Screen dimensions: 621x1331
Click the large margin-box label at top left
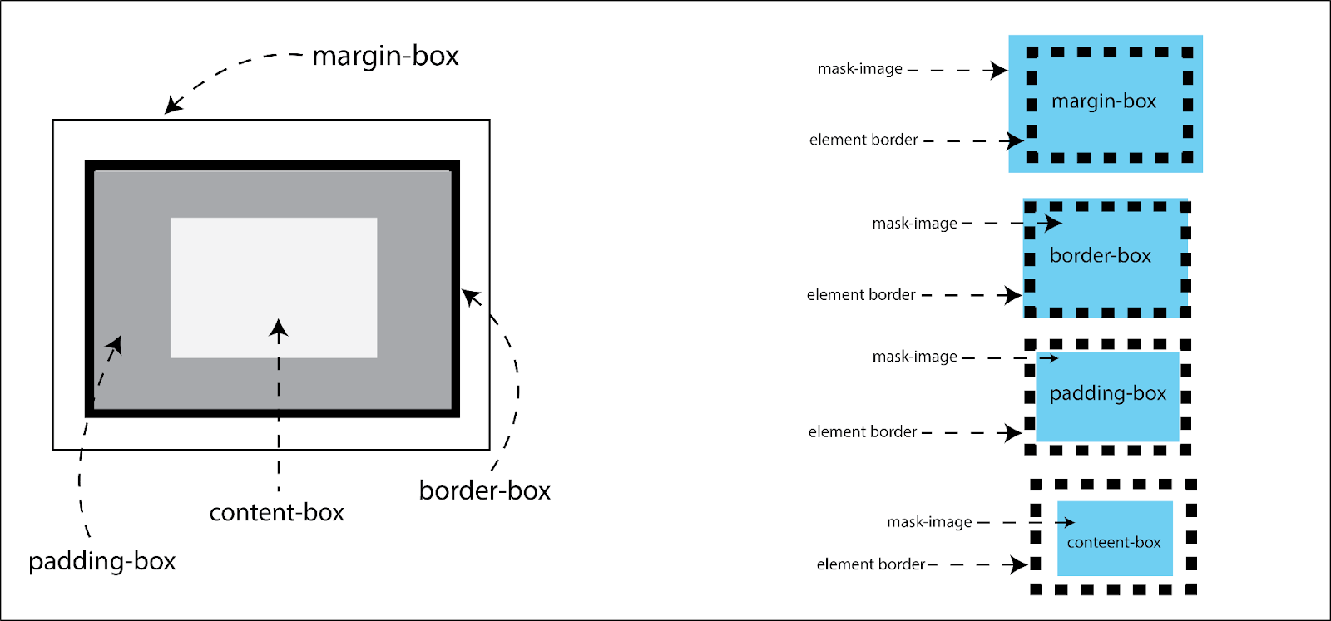click(385, 56)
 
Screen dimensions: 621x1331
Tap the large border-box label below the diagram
click(484, 490)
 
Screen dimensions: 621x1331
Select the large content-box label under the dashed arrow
click(276, 512)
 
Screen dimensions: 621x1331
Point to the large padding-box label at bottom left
click(102, 561)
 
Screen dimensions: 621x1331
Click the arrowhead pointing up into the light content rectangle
click(279, 328)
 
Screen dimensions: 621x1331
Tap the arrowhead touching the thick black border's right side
click(471, 296)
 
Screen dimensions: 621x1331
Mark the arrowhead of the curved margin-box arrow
click(172, 105)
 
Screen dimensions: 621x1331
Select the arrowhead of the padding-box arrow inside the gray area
click(115, 344)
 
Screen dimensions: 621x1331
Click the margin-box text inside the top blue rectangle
click(1104, 101)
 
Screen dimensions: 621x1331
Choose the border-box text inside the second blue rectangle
click(1100, 255)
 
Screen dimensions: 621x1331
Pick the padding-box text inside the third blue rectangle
click(1108, 393)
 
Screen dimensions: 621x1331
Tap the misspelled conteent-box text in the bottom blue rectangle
click(1114, 542)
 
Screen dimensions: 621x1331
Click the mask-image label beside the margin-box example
click(859, 69)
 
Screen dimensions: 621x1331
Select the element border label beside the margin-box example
click(863, 140)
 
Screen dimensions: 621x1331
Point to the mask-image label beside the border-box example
click(914, 224)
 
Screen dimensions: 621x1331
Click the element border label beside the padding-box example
click(863, 431)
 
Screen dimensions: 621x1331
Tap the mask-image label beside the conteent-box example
click(929, 522)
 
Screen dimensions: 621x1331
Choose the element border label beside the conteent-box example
click(871, 564)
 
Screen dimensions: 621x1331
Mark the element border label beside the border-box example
click(861, 295)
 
